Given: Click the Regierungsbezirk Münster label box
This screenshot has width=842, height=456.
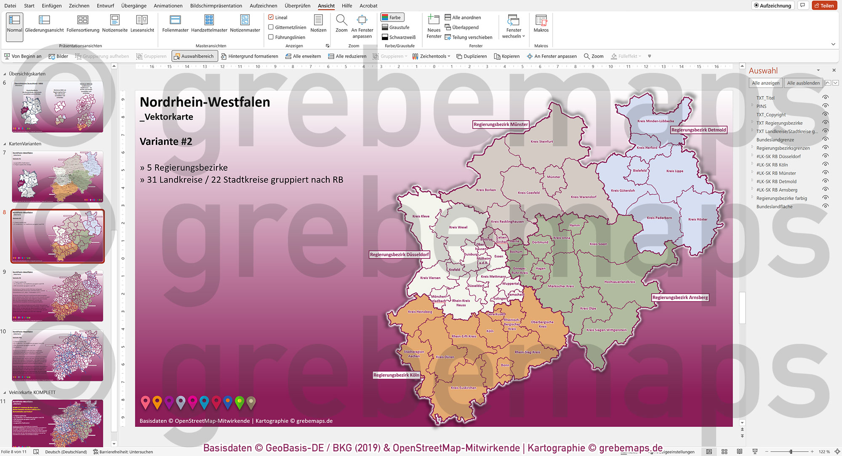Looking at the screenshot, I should point(500,124).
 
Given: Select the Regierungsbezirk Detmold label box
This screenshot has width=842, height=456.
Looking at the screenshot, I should point(698,130).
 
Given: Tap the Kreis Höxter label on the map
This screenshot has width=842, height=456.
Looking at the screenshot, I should point(698,219).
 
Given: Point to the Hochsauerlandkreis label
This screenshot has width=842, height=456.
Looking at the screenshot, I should point(620,282).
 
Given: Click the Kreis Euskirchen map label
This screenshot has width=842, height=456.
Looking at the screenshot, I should point(463,388).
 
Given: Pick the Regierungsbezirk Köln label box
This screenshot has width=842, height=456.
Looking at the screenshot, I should point(396,375).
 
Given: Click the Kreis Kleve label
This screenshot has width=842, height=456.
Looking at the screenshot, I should point(421,216).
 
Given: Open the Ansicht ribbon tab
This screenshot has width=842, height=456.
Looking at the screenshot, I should point(326,5).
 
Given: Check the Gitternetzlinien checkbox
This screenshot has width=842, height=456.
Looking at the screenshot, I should point(271,27).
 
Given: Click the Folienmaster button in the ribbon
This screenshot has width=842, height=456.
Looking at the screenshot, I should point(175,24).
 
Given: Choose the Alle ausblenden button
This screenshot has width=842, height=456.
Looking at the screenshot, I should point(803,83).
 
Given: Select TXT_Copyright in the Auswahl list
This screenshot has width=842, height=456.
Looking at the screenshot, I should point(771,115).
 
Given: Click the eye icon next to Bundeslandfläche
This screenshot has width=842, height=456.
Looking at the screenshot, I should point(825,206).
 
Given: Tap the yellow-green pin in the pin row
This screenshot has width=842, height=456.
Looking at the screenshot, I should point(240,402).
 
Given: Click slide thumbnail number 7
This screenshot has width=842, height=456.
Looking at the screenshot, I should point(57,176).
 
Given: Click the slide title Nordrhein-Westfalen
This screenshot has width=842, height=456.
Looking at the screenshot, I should point(205,102).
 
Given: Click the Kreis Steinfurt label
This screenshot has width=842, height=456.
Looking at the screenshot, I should point(541,142).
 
